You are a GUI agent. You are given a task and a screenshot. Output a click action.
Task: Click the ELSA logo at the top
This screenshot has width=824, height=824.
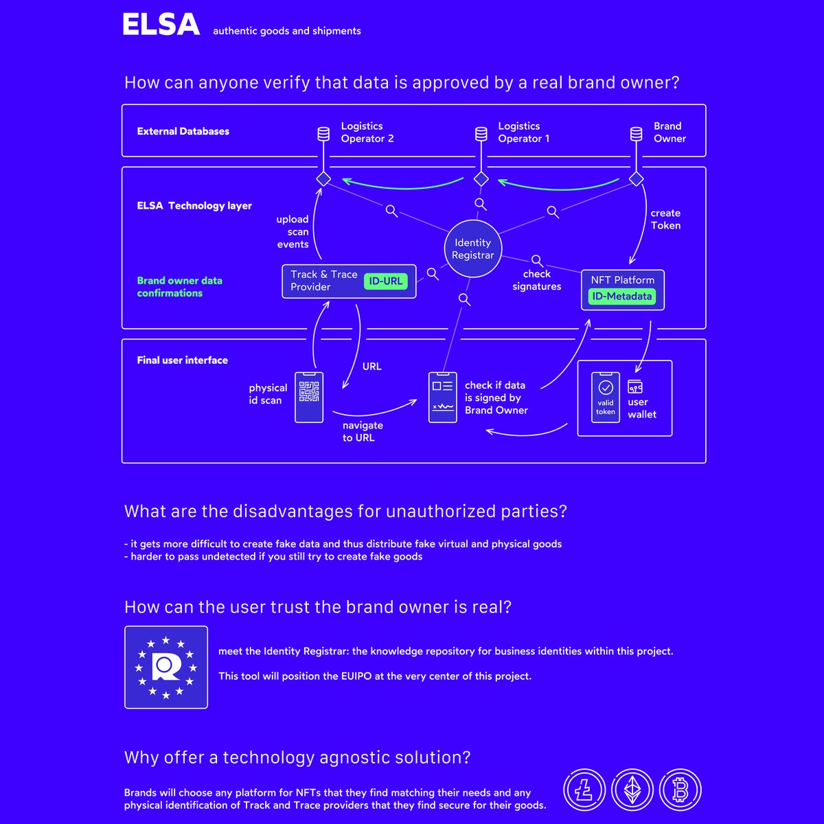(x=161, y=24)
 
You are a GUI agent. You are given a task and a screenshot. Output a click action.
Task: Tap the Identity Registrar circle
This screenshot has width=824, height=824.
(x=472, y=249)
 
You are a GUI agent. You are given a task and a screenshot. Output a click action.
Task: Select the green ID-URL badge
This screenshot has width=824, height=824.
(x=385, y=281)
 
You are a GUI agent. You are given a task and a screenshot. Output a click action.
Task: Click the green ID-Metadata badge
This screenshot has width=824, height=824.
(x=621, y=296)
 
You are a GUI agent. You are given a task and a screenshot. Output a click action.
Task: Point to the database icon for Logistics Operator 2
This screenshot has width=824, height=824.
(x=323, y=134)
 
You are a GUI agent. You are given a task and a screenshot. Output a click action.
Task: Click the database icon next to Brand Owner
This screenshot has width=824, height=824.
(x=636, y=134)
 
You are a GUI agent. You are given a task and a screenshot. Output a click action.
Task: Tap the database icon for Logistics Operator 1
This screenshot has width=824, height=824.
(x=481, y=134)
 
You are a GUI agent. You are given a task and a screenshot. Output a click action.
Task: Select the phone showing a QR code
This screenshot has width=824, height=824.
(x=309, y=398)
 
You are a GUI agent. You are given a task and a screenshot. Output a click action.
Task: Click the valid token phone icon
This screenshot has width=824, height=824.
(x=605, y=398)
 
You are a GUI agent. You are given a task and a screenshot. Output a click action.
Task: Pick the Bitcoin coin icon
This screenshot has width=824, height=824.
(x=680, y=790)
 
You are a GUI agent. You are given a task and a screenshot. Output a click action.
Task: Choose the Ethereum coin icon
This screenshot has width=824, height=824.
(x=632, y=790)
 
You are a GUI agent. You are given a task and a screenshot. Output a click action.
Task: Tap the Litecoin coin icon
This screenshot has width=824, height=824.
(x=584, y=790)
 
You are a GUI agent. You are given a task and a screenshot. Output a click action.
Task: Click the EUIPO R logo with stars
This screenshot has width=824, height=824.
(x=166, y=667)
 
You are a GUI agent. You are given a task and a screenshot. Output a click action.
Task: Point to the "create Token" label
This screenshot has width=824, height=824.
(x=665, y=219)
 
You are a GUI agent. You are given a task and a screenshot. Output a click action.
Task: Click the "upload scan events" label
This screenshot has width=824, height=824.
(x=293, y=232)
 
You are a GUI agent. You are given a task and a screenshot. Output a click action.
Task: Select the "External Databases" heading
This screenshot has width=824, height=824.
(x=183, y=131)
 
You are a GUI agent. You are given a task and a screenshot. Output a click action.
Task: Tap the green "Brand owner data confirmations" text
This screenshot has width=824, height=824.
(x=180, y=287)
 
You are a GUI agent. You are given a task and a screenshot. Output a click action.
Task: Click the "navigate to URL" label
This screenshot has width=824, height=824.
(x=363, y=431)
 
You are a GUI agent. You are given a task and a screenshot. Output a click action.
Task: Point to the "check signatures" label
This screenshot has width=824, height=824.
(x=537, y=280)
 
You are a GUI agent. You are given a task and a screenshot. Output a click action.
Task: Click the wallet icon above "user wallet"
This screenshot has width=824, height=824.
(x=635, y=387)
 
